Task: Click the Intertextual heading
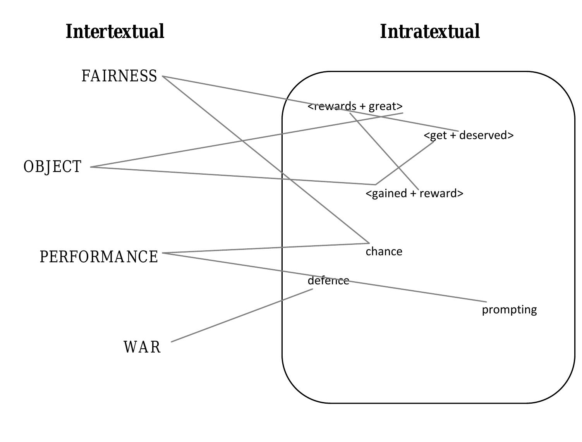(115, 31)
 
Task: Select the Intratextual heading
(430, 31)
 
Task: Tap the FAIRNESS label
(119, 76)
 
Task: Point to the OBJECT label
(53, 167)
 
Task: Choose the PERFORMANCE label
(99, 257)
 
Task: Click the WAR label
(142, 347)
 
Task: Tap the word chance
(384, 251)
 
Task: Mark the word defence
(328, 280)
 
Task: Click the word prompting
(509, 310)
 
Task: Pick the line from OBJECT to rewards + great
(194, 149)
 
